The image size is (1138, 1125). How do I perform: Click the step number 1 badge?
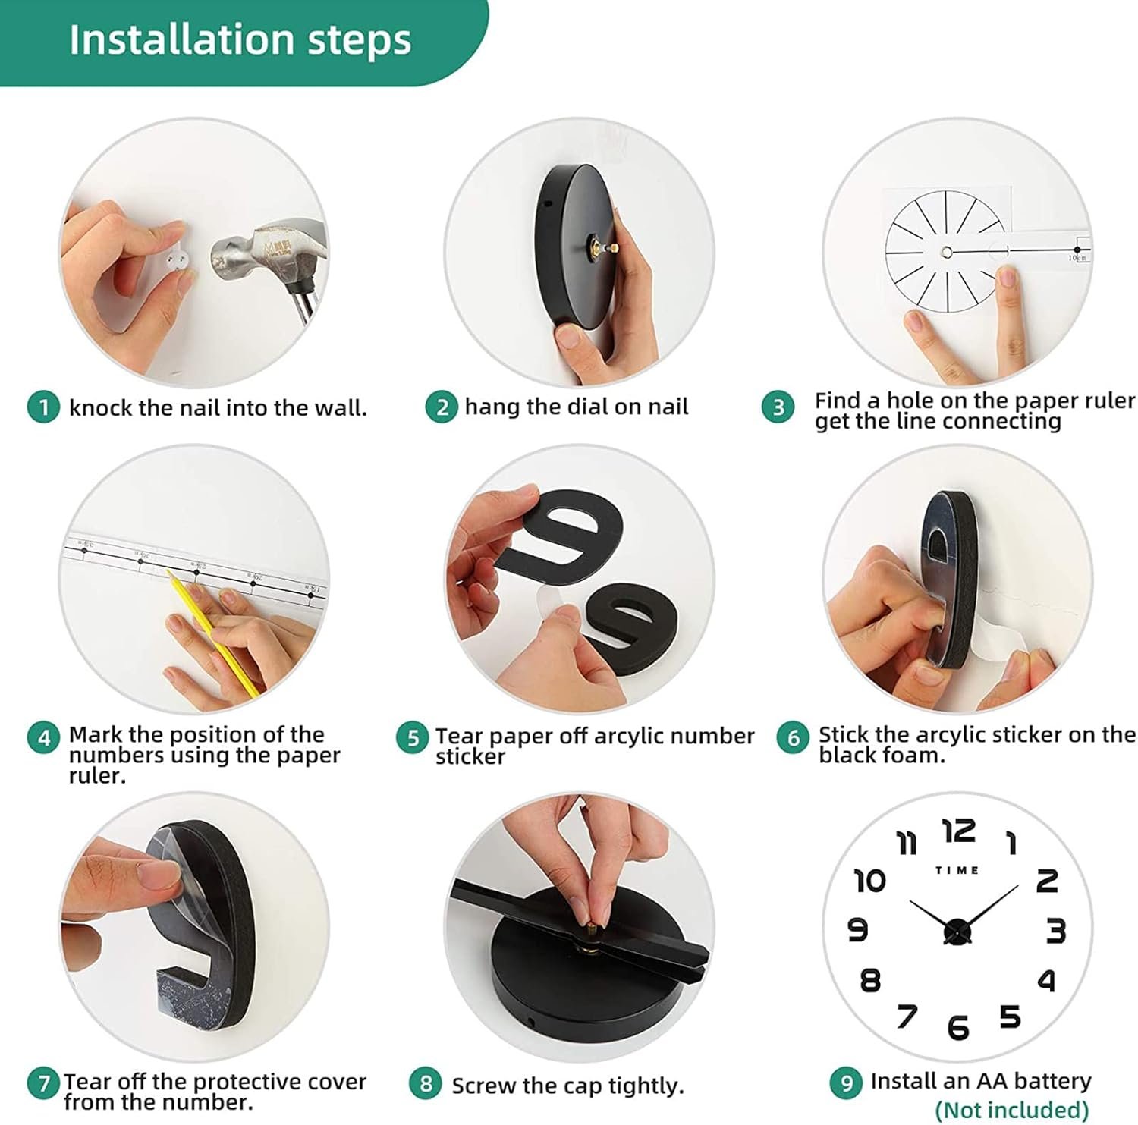point(43,407)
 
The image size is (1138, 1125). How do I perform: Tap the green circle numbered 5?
point(413,738)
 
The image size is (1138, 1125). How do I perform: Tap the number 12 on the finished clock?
point(959,831)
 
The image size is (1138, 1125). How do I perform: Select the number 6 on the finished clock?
point(958,1028)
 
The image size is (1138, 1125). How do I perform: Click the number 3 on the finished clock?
point(1055,931)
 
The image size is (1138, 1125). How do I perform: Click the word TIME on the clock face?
point(957,870)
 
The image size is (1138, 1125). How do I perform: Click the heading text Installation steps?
point(240,39)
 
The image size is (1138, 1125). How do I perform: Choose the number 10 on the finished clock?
point(870,881)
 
